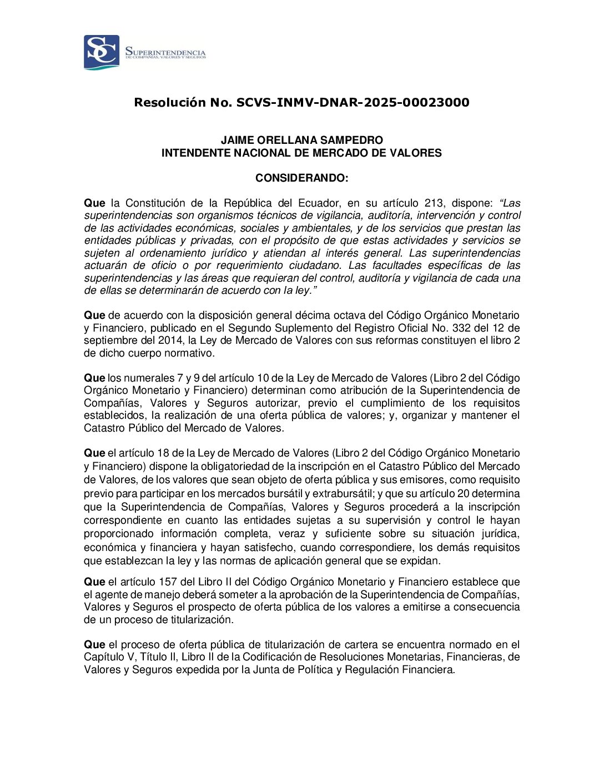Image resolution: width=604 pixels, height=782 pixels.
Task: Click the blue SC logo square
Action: pyautogui.click(x=102, y=52)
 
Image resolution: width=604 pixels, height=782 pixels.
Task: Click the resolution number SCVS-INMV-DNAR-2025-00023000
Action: pyautogui.click(x=353, y=103)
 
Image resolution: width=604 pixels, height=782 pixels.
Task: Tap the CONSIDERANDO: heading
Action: pyautogui.click(x=301, y=178)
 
